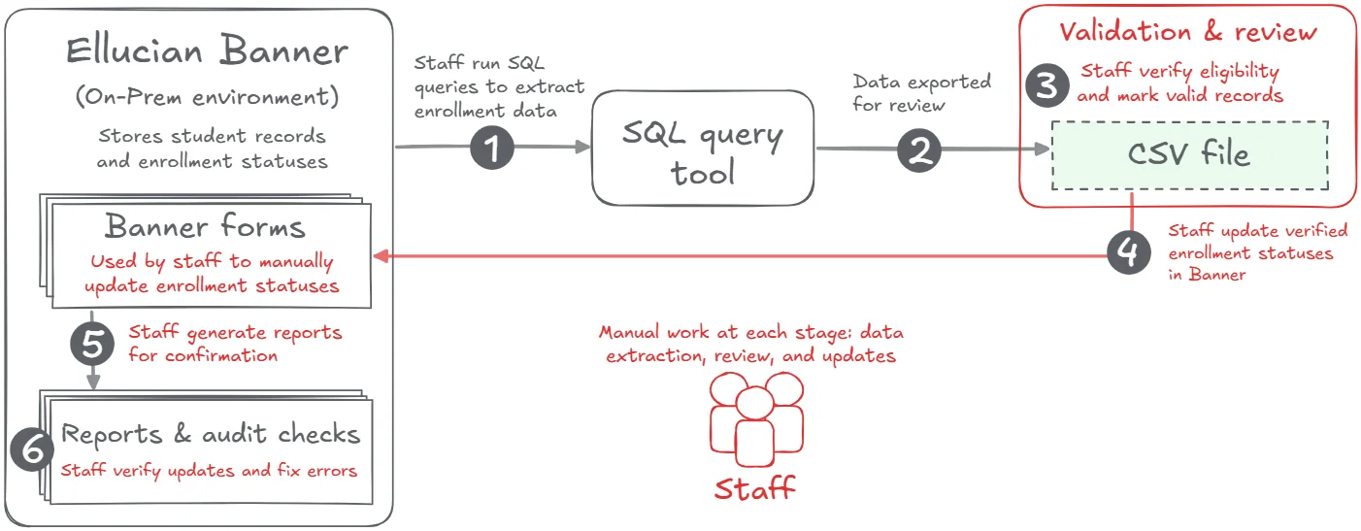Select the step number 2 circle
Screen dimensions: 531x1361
(x=919, y=149)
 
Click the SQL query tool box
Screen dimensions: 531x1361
(x=702, y=148)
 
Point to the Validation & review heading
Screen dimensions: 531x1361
(x=1188, y=32)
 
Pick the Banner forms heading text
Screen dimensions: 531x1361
(x=205, y=227)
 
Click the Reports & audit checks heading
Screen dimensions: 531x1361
(x=211, y=434)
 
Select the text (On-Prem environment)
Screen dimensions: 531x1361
(x=207, y=97)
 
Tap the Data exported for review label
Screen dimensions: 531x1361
(x=921, y=92)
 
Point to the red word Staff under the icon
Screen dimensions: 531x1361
(x=754, y=488)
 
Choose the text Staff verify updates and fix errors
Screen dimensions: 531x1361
(x=210, y=471)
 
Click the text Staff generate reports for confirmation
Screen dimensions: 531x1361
(x=235, y=344)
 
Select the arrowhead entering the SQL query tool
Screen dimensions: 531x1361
(x=583, y=147)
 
